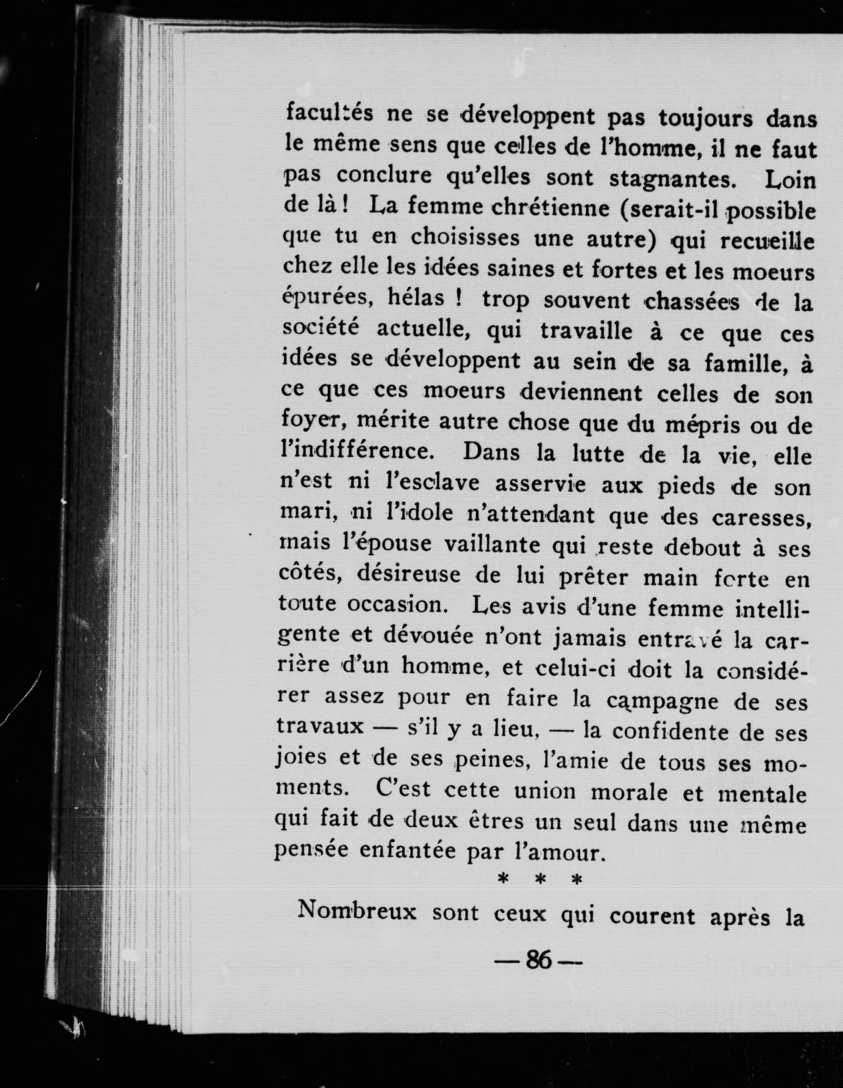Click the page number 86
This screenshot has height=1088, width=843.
pyautogui.click(x=538, y=960)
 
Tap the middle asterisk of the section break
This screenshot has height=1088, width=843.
pyautogui.click(x=540, y=881)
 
